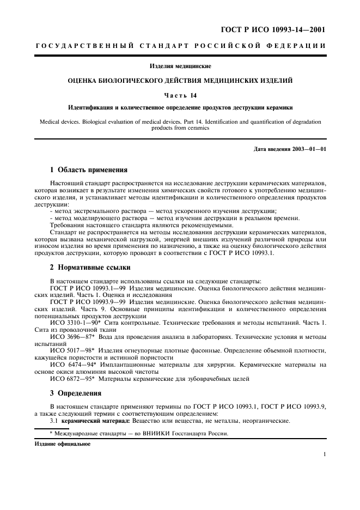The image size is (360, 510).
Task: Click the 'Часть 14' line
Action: [x=180, y=95]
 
